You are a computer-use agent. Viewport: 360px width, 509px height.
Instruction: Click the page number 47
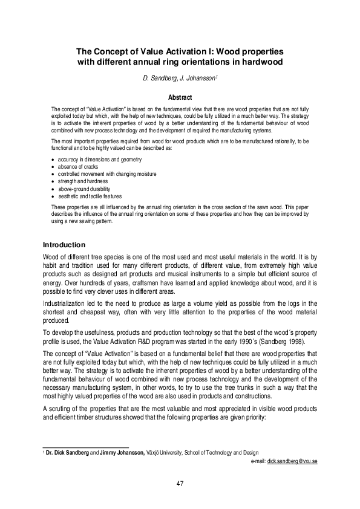point(180,483)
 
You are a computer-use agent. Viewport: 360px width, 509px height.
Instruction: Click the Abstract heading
point(180,97)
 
